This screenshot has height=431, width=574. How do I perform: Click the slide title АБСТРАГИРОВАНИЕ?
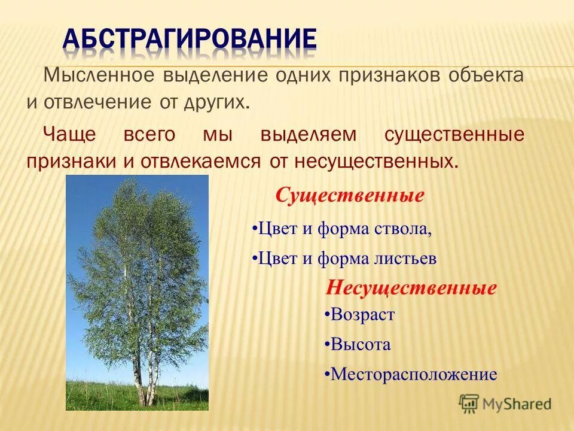(190, 40)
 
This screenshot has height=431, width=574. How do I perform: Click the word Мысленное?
(99, 75)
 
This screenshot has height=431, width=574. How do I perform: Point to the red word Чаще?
(69, 134)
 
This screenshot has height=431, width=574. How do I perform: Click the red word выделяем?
(309, 135)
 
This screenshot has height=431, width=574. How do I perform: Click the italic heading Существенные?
(350, 195)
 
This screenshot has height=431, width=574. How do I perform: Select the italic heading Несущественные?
(411, 288)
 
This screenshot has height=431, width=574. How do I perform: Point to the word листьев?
(405, 259)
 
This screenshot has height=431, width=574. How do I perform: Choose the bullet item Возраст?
(359, 315)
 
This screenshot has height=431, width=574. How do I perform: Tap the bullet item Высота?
(358, 344)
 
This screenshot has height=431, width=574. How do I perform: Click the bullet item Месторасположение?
(411, 374)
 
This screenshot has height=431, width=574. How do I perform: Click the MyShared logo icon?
(469, 403)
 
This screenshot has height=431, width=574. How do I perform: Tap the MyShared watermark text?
(517, 404)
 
